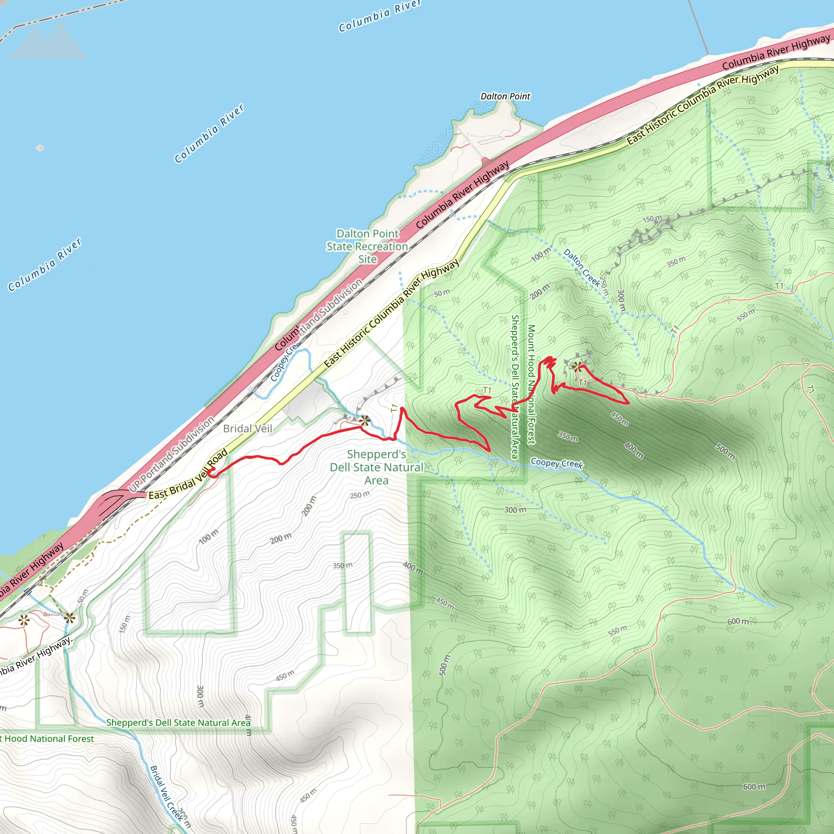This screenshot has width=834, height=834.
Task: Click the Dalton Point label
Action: click(505, 96)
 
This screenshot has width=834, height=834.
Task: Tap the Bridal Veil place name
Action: click(247, 429)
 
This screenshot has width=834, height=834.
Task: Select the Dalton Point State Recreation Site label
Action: click(367, 246)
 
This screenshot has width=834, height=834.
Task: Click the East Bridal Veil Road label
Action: click(188, 474)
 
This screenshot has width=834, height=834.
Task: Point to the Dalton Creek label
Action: click(582, 268)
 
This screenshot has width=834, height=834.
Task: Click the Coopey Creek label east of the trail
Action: click(556, 463)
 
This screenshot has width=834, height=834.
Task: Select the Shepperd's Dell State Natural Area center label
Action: click(376, 467)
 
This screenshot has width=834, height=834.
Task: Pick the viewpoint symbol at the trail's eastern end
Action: click(577, 367)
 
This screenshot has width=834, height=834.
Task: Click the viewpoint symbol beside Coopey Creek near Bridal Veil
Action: click(365, 420)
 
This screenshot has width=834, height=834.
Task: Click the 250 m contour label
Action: click(360, 494)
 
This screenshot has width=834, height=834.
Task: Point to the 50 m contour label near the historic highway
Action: click(442, 293)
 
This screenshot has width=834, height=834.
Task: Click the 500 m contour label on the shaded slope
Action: click(725, 451)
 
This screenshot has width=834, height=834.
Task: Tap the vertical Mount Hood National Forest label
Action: click(531, 384)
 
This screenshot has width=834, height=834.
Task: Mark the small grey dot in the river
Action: click(40, 148)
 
